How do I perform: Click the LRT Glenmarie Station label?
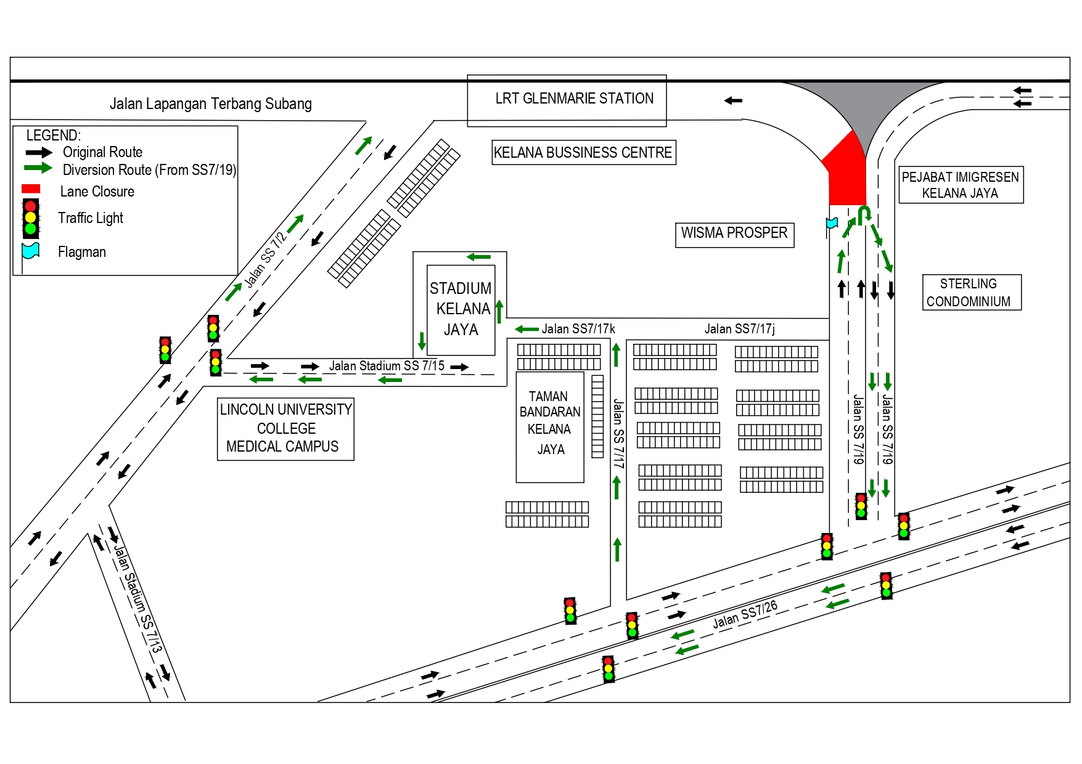[574, 99]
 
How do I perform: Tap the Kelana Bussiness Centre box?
[583, 153]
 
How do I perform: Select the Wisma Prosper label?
[734, 234]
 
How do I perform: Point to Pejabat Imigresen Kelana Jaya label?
[961, 185]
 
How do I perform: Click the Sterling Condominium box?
[969, 293]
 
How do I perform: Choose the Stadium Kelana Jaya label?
[461, 309]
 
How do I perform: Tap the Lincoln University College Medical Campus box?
[285, 428]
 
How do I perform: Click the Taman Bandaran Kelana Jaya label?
[549, 423]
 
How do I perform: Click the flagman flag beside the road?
[832, 223]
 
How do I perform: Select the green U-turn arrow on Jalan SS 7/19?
[864, 214]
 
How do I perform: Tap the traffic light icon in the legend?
[31, 218]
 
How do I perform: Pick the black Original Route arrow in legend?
[38, 152]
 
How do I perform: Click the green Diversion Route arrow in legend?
[38, 168]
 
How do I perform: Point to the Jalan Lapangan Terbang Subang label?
[210, 104]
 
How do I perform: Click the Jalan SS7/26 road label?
[745, 614]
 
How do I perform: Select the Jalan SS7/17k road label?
[578, 329]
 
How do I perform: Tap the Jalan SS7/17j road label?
[739, 329]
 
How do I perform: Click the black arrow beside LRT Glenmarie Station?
[732, 100]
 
